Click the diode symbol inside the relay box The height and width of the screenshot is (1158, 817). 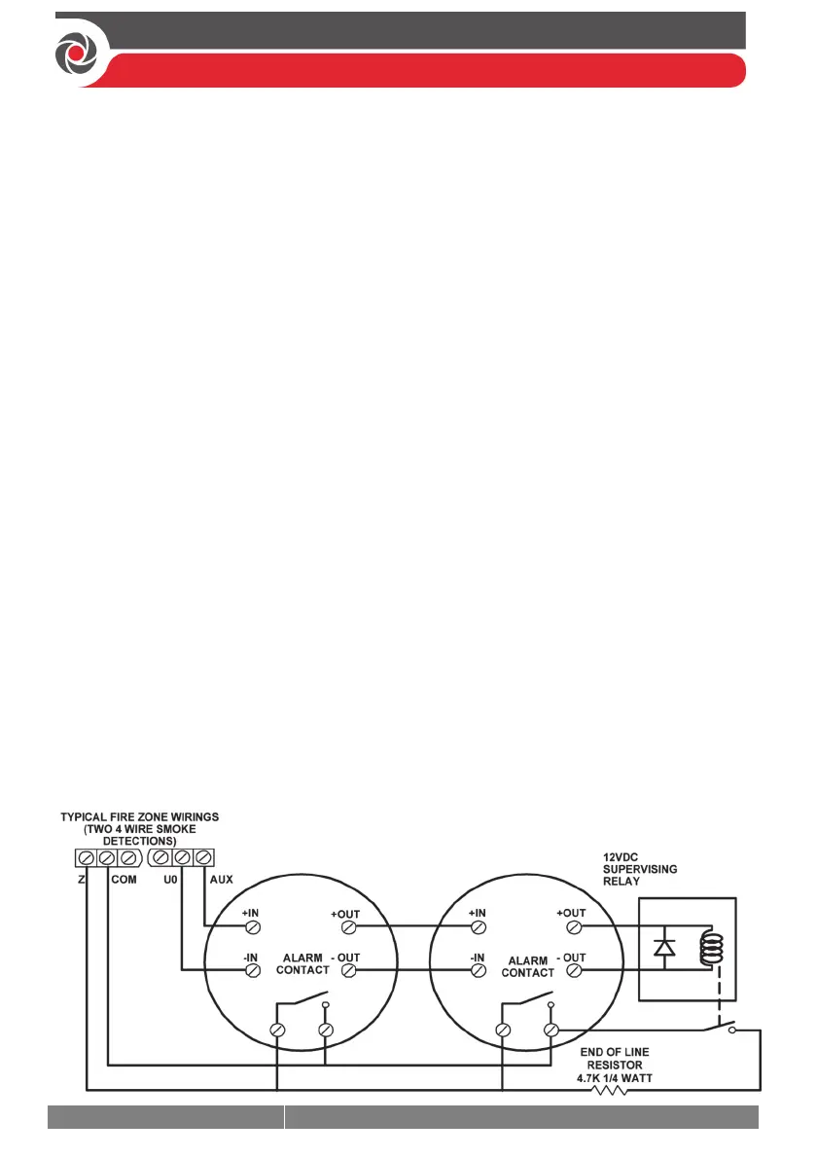click(x=664, y=946)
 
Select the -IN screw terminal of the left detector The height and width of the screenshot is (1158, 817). click(x=251, y=969)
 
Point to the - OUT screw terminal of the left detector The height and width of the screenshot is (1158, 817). click(x=349, y=969)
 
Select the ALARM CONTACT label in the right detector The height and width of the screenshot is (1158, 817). click(x=527, y=966)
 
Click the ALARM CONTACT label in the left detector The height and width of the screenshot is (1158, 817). click(x=302, y=963)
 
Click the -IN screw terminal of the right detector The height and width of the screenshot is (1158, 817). click(x=479, y=969)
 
